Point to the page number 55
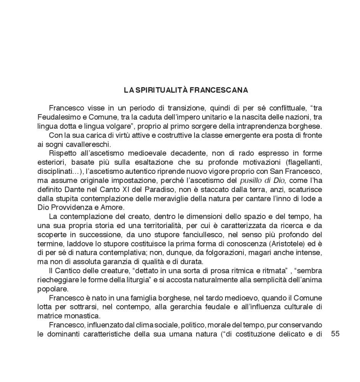[335, 333]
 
